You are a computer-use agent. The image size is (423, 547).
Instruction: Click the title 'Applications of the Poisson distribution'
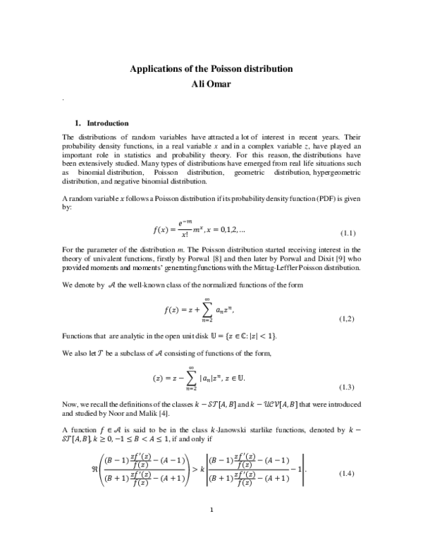(211, 69)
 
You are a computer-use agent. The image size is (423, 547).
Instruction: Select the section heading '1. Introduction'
(102, 123)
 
